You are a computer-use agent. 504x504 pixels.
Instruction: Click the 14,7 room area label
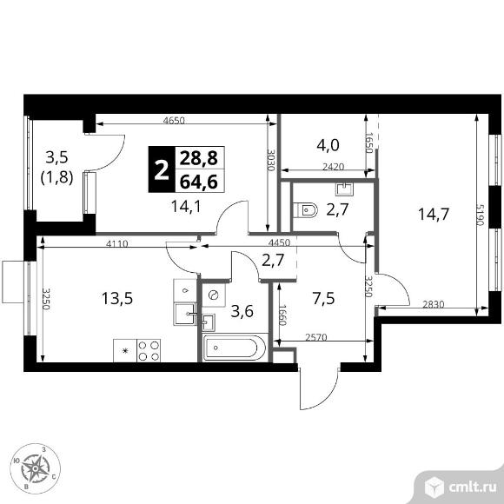[x=433, y=215]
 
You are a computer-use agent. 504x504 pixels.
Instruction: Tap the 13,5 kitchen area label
[x=117, y=298]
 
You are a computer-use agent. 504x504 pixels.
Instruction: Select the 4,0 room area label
[x=328, y=145]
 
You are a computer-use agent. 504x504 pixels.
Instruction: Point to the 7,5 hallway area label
[x=323, y=298]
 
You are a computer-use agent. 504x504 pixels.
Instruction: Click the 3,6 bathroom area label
[x=242, y=311]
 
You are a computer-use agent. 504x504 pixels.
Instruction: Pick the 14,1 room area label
[x=186, y=206]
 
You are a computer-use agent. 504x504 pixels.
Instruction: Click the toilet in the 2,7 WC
[x=305, y=210]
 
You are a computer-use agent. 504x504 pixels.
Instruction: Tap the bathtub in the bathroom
[x=235, y=348]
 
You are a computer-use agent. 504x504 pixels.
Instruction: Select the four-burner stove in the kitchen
[x=149, y=350]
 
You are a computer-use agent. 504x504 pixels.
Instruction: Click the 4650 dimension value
[x=174, y=121]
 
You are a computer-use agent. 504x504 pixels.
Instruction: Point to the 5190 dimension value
[x=480, y=215]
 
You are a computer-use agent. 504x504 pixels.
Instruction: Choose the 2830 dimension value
[x=433, y=304]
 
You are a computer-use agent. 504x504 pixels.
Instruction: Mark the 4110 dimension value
[x=117, y=244]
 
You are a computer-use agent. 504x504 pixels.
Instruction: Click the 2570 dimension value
[x=316, y=337]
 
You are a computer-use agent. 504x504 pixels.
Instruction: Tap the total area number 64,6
[x=199, y=182]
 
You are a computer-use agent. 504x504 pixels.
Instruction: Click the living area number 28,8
[x=199, y=158]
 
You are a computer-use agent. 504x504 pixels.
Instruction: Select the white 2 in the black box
[x=162, y=169]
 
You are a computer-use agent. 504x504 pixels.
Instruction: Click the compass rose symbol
[x=35, y=469]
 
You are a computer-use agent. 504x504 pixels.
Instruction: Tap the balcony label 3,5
[x=56, y=158]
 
